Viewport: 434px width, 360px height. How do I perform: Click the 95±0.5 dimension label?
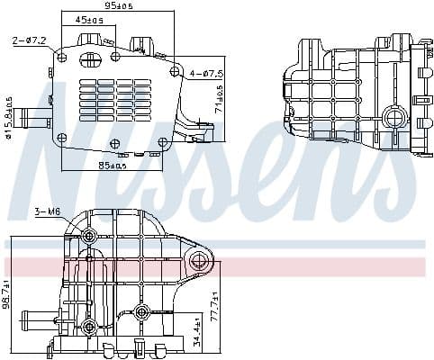(x=117, y=5)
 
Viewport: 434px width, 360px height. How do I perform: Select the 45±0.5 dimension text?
(x=88, y=19)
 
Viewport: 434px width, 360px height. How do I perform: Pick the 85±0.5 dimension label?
(x=113, y=165)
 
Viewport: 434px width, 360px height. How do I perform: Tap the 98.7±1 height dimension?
(x=6, y=293)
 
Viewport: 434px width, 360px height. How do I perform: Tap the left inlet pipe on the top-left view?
(x=34, y=117)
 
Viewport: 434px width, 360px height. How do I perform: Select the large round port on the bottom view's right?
(x=200, y=263)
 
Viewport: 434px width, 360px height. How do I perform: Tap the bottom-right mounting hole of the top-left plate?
(x=163, y=141)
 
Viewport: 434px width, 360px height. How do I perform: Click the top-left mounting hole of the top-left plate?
(x=63, y=56)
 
